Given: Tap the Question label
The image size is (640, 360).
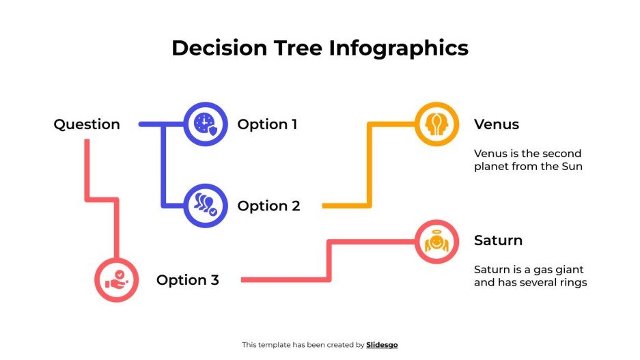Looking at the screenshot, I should coord(87,124).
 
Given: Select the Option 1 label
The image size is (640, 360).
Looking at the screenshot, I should coord(267,124).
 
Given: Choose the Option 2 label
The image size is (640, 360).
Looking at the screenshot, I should coord(268,206).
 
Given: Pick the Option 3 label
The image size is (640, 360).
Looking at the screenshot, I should coord(188,280).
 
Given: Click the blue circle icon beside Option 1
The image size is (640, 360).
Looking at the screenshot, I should coord(206,124).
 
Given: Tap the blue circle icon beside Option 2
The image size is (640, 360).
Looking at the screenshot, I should coord(206,206).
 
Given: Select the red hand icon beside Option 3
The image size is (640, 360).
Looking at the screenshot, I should coord(116,280).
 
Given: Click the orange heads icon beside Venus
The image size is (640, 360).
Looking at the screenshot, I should coord(436,124).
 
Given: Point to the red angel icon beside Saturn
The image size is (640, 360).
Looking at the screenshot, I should coord(436,241).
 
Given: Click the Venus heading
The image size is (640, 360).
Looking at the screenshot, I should coord(497,124).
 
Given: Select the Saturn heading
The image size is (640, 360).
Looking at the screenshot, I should coord(498,240).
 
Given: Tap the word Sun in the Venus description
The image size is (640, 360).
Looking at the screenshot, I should coord(572,166).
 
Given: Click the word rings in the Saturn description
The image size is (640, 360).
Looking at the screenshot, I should coord(572,282).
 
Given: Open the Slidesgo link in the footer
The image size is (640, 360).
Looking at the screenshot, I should coord(382,345).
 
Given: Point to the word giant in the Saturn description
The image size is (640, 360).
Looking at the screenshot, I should coord(568,269).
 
